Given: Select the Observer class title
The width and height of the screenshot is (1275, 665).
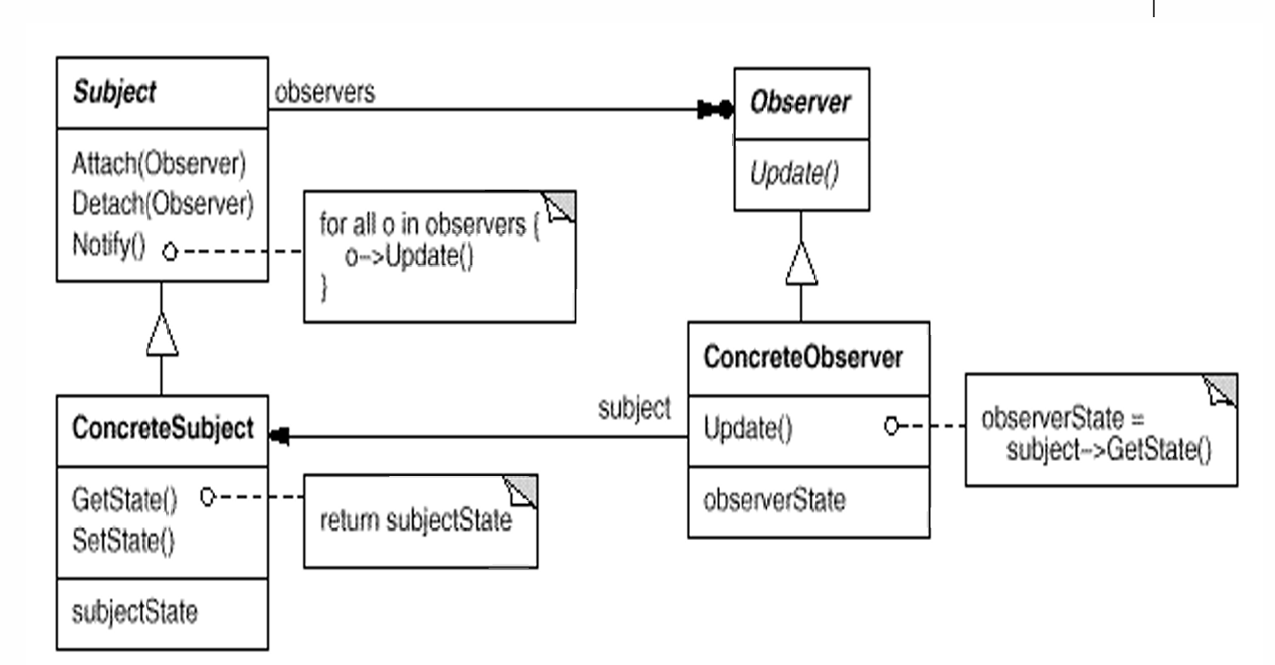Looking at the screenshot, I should [x=801, y=104].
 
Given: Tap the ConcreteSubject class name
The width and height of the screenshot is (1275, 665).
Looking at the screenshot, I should [x=162, y=428].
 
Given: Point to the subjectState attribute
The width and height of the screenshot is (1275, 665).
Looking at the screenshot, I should [x=135, y=612].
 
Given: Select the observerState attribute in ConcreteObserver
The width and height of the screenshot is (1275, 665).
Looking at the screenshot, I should [x=774, y=500].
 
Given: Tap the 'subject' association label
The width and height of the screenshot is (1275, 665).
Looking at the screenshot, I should [x=634, y=408].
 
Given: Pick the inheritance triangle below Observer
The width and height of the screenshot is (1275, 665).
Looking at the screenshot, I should [x=802, y=263].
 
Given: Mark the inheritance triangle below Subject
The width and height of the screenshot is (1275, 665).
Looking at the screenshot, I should [x=160, y=336].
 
